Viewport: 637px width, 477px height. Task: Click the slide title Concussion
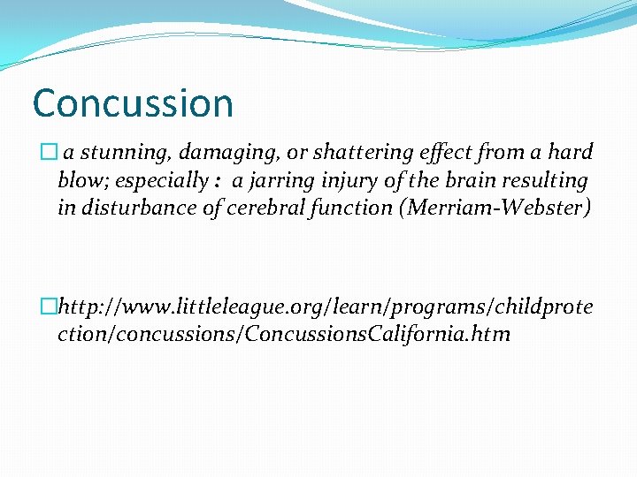[133, 103]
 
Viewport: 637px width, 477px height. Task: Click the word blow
[78, 181]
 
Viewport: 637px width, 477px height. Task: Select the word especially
[157, 181]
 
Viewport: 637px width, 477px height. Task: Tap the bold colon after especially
[217, 182]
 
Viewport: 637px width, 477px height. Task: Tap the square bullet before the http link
[50, 307]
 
